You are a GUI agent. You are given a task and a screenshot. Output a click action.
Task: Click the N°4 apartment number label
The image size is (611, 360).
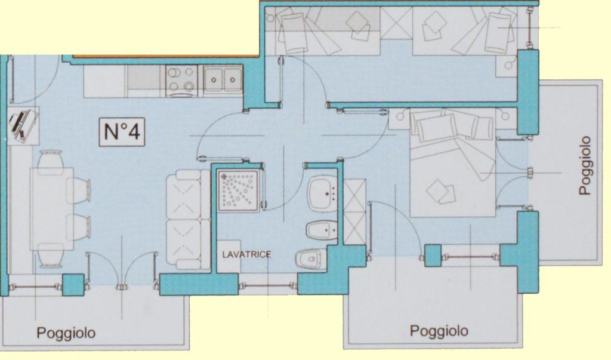(x=122, y=132)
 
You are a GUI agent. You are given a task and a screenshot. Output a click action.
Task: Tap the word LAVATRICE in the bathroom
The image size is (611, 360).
(x=246, y=255)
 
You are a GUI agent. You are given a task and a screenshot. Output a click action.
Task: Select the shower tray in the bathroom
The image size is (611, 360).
(x=238, y=190)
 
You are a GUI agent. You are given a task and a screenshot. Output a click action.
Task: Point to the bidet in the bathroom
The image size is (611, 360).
(x=322, y=230)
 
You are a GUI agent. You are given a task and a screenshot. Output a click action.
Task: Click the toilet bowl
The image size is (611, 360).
(x=311, y=259)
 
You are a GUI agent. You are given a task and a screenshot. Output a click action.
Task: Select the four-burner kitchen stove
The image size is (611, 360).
(x=181, y=81)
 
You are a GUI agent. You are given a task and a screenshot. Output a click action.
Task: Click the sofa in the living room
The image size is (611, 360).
(x=189, y=220)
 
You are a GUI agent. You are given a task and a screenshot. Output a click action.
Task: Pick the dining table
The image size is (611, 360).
(x=53, y=209)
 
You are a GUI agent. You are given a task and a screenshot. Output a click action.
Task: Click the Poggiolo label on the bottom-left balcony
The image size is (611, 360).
(x=66, y=333)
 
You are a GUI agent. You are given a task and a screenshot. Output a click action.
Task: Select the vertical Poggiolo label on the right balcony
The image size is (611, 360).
(x=585, y=165)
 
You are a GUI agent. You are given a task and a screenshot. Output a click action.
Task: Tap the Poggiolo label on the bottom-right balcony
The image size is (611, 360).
(x=439, y=331)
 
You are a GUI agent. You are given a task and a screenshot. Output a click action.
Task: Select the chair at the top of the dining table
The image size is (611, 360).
(x=51, y=159)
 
